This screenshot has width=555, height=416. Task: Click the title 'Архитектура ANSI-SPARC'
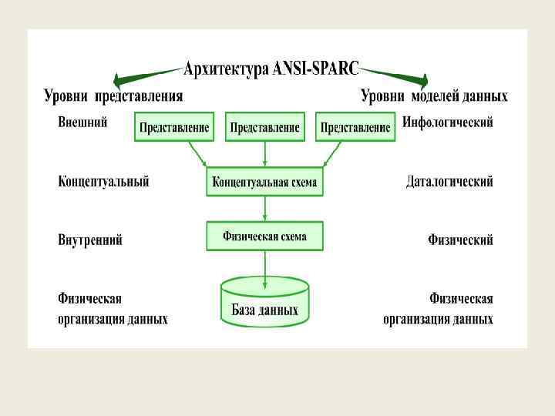pos(271,69)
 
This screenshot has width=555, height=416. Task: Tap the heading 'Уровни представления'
pos(113,96)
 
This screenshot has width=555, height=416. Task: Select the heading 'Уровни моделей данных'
pos(435,96)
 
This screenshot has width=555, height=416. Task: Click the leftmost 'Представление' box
pos(174,127)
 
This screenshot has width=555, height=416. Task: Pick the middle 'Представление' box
pos(264,127)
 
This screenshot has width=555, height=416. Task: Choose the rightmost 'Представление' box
pos(355,127)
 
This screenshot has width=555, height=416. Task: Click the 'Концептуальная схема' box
pos(264,183)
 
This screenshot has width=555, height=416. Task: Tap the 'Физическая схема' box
pos(264,236)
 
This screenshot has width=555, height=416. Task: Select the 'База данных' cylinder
pos(264,302)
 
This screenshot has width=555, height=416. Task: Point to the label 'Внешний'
pos(82,122)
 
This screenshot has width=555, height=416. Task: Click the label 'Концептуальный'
pos(103,182)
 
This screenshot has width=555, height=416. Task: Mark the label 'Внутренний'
pos(90,240)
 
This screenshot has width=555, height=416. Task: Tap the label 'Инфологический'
pos(448,122)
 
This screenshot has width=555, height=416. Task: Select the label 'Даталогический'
pos(449,182)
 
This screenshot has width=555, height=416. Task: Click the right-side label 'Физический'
pos(460,240)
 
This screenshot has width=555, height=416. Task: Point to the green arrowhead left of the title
pos(121,79)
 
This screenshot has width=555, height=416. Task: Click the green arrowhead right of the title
pos(420,79)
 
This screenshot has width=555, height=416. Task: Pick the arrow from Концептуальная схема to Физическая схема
pos(264,209)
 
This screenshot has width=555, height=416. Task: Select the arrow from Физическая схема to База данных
pos(264,264)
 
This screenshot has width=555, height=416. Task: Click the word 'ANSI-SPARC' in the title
pos(316,69)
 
